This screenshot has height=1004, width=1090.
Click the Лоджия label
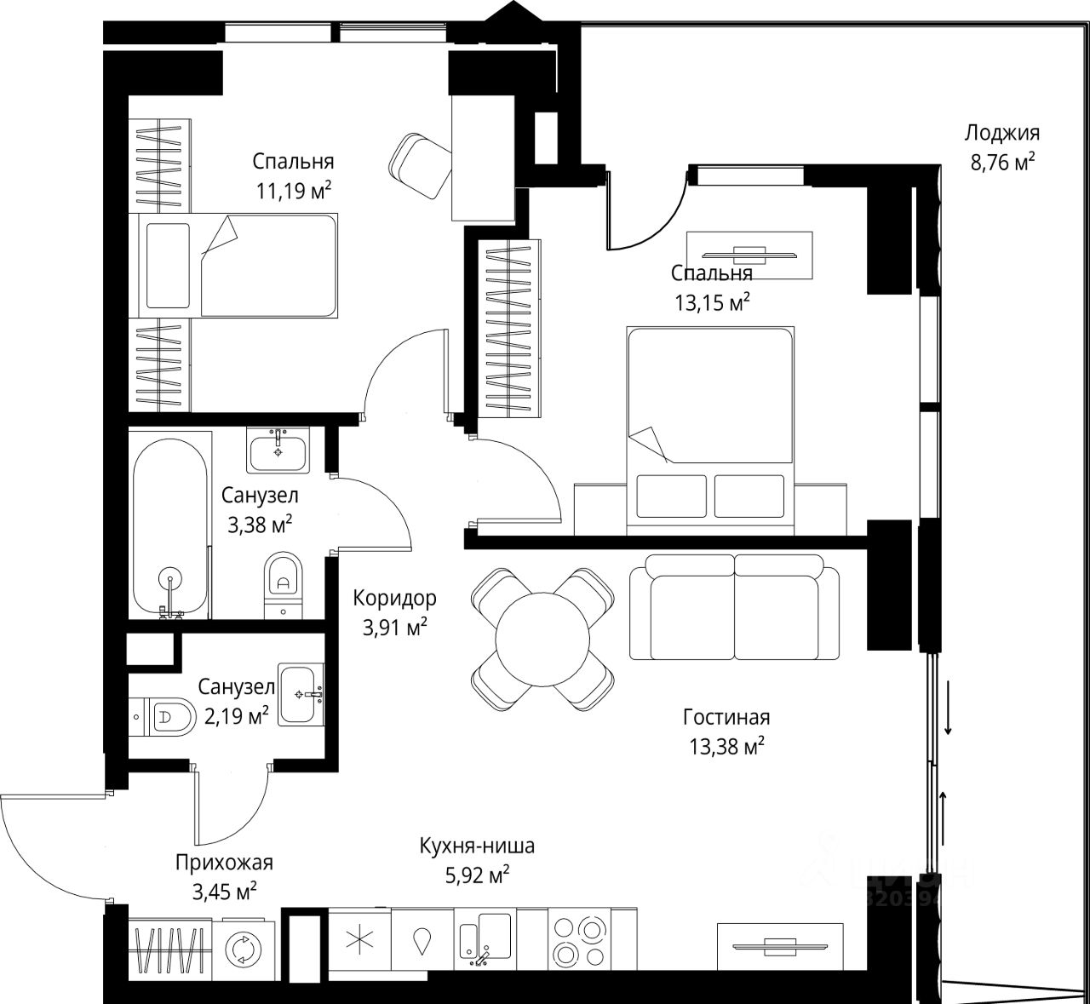coord(1002,133)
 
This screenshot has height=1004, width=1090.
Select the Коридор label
coord(395,598)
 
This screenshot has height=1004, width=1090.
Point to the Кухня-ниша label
coord(477,846)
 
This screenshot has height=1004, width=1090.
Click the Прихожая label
coord(224,863)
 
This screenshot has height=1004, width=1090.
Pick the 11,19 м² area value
coord(294,190)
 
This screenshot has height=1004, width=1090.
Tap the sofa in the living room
coord(734,606)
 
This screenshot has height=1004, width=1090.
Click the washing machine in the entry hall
coord(242,947)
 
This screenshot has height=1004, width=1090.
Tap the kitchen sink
coord(484,940)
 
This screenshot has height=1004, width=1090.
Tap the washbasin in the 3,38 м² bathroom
coord(278,449)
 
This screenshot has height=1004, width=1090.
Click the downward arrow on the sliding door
coord(947,708)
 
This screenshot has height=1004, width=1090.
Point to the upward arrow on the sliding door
coord(944,813)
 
